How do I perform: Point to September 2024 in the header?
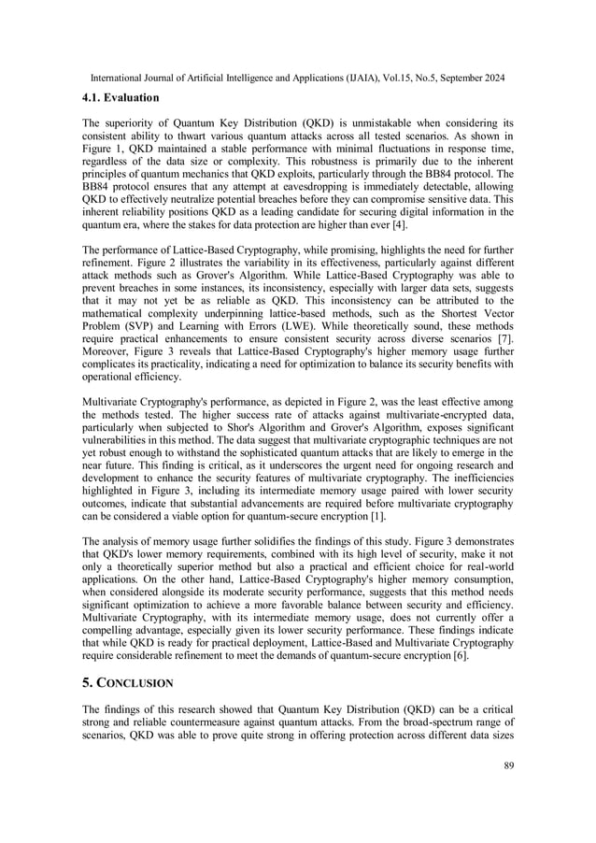pyautogui.click(x=465, y=78)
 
